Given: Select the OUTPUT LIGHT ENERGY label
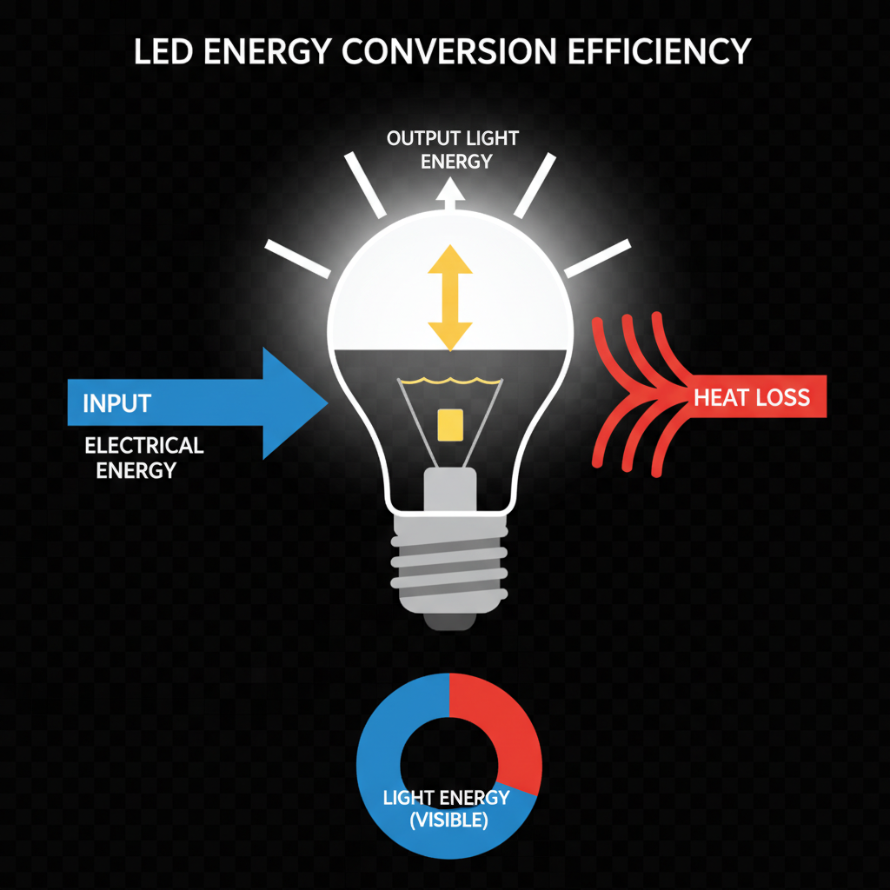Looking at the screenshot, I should (x=452, y=149).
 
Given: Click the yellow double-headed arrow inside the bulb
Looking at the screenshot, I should (x=449, y=297).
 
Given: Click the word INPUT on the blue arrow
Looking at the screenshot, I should (x=116, y=403).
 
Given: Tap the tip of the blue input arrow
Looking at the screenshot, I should (x=323, y=402).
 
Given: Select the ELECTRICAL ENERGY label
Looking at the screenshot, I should (x=143, y=458).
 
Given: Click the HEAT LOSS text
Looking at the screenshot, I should (x=752, y=399).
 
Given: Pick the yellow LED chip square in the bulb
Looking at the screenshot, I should (x=450, y=424).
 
